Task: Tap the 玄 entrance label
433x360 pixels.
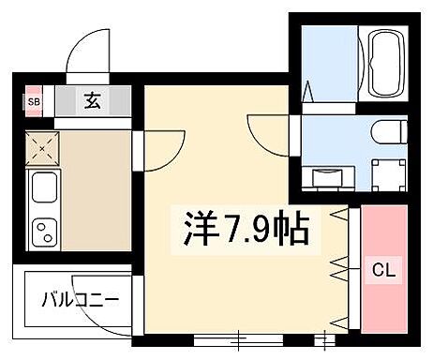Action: (x=94, y=99)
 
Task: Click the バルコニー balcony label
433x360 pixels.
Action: (x=80, y=301)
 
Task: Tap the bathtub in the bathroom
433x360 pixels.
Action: (x=386, y=64)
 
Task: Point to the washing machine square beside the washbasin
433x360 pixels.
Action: (x=385, y=172)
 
